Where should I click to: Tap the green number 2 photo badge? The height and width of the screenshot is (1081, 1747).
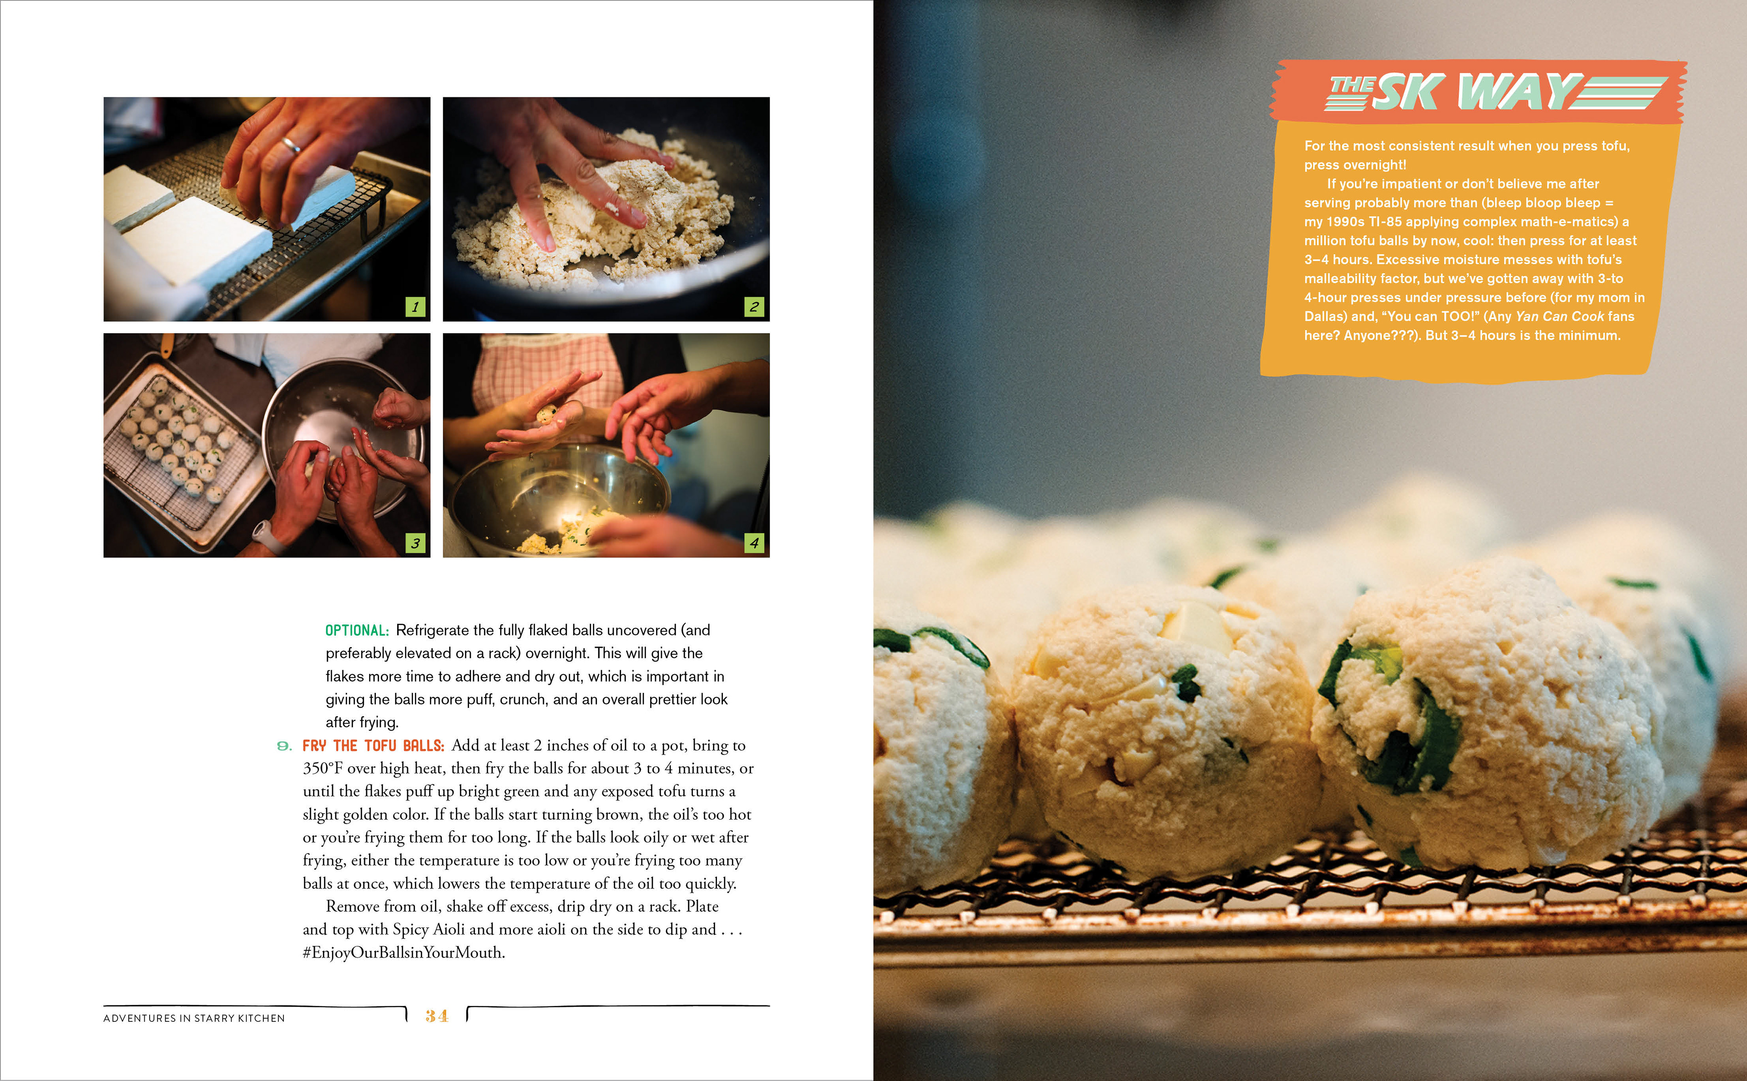coord(754,307)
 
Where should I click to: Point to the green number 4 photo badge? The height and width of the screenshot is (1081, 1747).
coord(754,543)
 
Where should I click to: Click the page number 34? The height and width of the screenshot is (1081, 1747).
coord(437,1016)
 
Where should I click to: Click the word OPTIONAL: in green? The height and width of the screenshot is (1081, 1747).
coord(357,631)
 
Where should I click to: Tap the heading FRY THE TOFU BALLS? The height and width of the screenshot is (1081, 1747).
coord(373,746)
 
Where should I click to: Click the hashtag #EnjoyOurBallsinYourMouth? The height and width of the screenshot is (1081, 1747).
coord(404,952)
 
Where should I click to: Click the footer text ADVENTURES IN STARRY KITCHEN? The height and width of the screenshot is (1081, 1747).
coord(194,1018)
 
